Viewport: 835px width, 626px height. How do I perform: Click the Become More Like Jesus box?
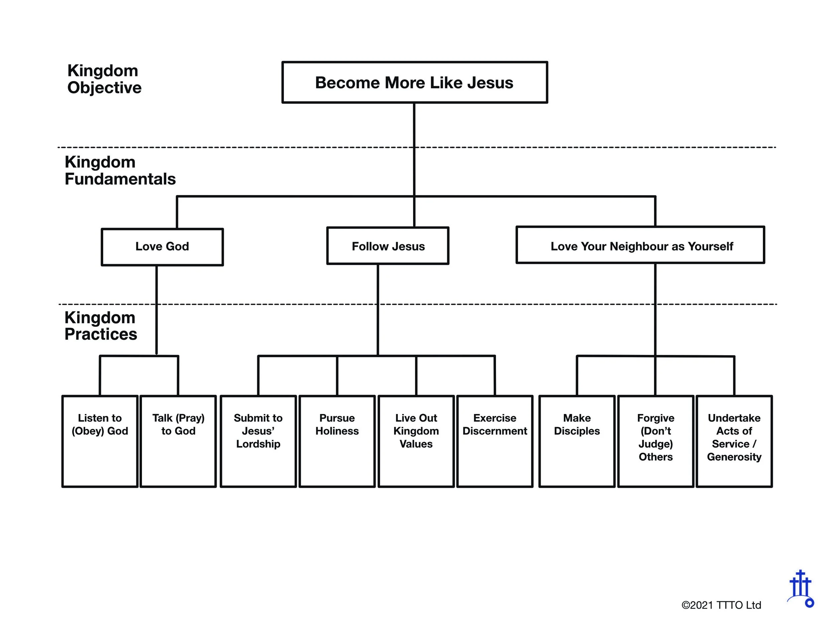[x=414, y=82]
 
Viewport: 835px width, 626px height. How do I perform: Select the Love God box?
[x=162, y=247]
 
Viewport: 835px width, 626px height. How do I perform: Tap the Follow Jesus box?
[x=388, y=246]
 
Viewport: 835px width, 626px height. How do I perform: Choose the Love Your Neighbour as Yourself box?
[x=641, y=245]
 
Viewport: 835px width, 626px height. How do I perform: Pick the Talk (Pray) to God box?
[x=178, y=441]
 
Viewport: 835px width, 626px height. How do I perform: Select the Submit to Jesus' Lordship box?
[x=258, y=441]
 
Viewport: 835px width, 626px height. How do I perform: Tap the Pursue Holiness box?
[x=337, y=441]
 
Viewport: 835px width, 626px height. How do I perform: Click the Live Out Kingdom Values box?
[x=416, y=441]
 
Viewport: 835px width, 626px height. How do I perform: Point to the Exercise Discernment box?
[x=495, y=441]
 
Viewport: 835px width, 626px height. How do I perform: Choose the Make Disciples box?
[x=577, y=441]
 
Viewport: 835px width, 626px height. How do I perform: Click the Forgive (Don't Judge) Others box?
[x=656, y=441]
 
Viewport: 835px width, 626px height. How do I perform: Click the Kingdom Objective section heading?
[x=104, y=79]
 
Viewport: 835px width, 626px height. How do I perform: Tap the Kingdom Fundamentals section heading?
[x=120, y=171]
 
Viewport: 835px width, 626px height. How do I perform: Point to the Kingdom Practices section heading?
[x=101, y=326]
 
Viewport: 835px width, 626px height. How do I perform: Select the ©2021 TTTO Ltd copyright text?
[x=721, y=605]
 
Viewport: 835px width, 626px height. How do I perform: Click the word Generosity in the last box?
[x=734, y=457]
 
